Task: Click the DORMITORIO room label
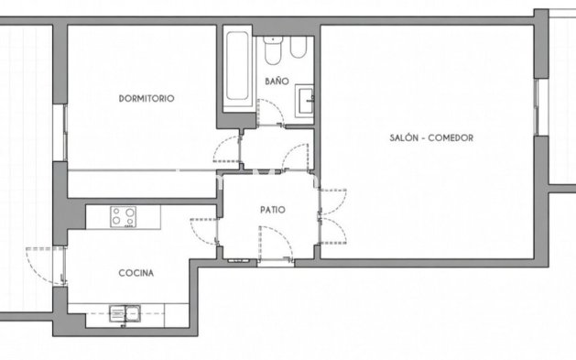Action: [146, 98]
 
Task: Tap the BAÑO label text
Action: [277, 82]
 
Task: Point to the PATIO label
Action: [272, 210]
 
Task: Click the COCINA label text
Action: [136, 273]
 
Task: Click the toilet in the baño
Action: [273, 53]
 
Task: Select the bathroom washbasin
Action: [306, 96]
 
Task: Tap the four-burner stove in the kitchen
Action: [123, 217]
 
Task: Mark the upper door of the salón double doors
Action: [331, 201]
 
